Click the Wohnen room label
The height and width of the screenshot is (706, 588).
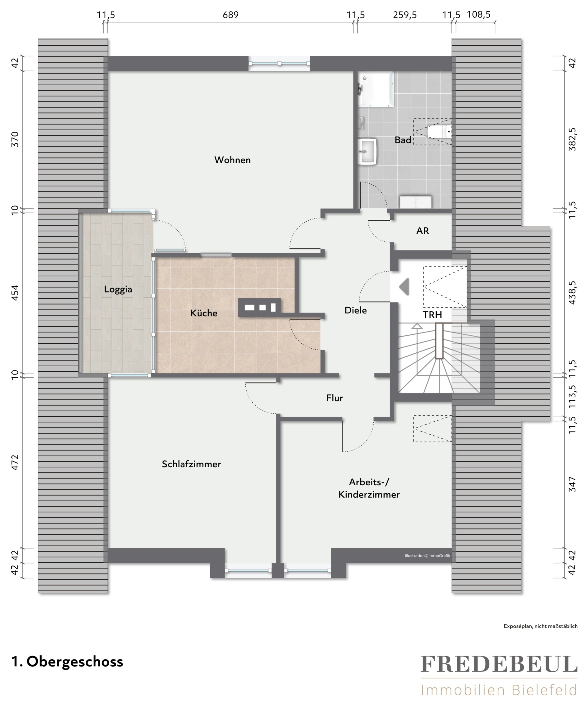click(232, 160)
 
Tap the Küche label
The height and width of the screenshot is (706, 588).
click(204, 313)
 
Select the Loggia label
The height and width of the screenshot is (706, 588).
click(118, 289)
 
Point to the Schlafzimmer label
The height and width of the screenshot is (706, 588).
click(191, 464)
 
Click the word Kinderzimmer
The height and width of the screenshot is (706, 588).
click(369, 495)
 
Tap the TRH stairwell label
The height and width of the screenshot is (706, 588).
click(432, 315)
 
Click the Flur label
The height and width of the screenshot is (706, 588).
click(334, 398)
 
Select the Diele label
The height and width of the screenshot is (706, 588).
click(356, 310)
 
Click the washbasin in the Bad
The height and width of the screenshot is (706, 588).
click(367, 152)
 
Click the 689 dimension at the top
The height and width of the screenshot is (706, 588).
click(230, 15)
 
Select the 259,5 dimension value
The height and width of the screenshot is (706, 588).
click(405, 15)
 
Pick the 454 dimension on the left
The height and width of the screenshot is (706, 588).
click(15, 292)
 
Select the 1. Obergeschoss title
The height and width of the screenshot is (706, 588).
click(67, 662)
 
